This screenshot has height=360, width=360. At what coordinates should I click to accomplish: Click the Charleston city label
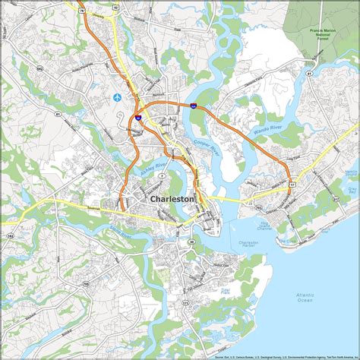[x=172, y=198]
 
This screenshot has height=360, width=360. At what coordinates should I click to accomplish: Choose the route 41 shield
[x=311, y=73]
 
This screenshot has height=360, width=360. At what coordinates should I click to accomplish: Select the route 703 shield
[x=259, y=207]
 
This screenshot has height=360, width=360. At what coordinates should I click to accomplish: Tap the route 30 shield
[x=191, y=242]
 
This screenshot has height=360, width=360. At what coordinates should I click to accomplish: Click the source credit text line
[x=280, y=355]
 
